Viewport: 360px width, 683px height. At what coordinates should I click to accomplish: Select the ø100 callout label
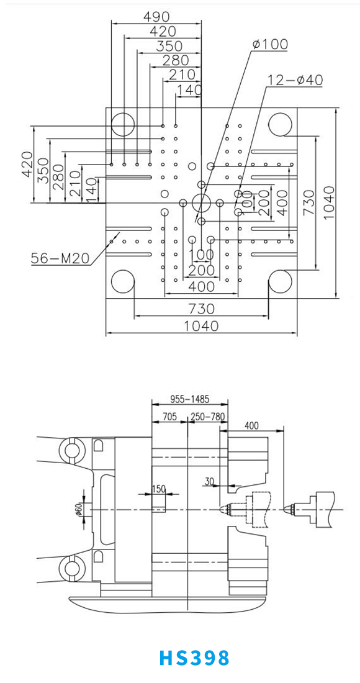click(x=270, y=44)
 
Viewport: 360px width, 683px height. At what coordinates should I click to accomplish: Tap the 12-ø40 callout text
click(x=295, y=80)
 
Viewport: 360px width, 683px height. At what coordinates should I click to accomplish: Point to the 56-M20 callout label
click(x=60, y=259)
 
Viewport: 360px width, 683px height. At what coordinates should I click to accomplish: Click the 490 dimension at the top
click(x=156, y=17)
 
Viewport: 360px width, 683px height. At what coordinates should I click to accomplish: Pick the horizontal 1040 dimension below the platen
click(x=201, y=325)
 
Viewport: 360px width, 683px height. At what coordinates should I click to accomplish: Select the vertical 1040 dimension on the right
click(x=330, y=202)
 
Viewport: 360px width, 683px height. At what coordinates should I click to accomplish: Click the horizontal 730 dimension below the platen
click(x=202, y=309)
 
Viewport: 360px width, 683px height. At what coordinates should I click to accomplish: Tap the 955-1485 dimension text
click(x=190, y=399)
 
